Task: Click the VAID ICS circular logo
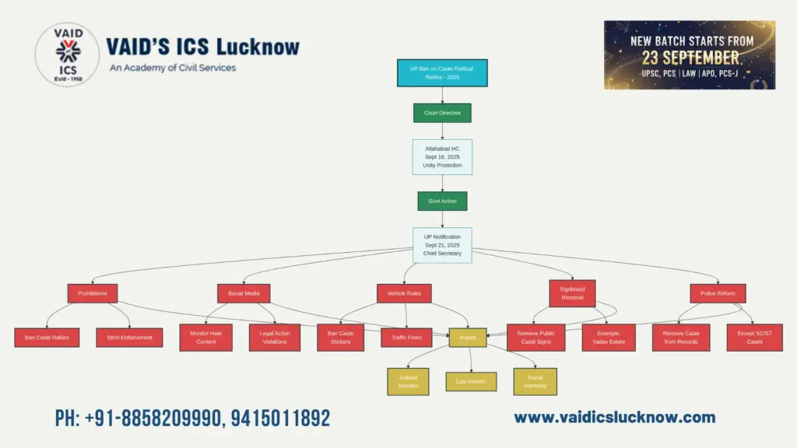tap(67, 54)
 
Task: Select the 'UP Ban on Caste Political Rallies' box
tap(441, 73)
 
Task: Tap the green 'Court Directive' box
tap(441, 113)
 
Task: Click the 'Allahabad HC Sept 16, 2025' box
tap(442, 156)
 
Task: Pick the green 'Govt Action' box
tap(442, 201)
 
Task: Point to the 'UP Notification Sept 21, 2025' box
tap(442, 245)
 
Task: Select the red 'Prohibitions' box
tap(93, 292)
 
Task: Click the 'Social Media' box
tap(244, 292)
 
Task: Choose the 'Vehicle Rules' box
tap(404, 292)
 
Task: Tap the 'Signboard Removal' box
tap(572, 292)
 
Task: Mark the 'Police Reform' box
tap(718, 292)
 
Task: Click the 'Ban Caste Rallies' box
tap(47, 337)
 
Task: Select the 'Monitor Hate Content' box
tap(205, 337)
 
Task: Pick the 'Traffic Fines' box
tap(406, 337)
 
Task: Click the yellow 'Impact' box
tap(468, 337)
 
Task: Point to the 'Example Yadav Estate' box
tap(608, 337)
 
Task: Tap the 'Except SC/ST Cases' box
tap(754, 337)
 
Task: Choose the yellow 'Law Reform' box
tap(471, 381)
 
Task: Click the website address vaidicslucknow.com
tap(614, 418)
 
